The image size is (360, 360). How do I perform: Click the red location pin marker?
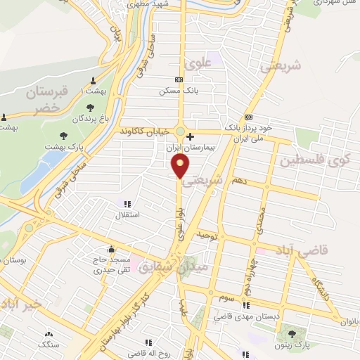click(x=181, y=167)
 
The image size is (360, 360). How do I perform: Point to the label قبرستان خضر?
click(x=43, y=98)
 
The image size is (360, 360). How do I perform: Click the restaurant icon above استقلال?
click(x=127, y=204)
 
